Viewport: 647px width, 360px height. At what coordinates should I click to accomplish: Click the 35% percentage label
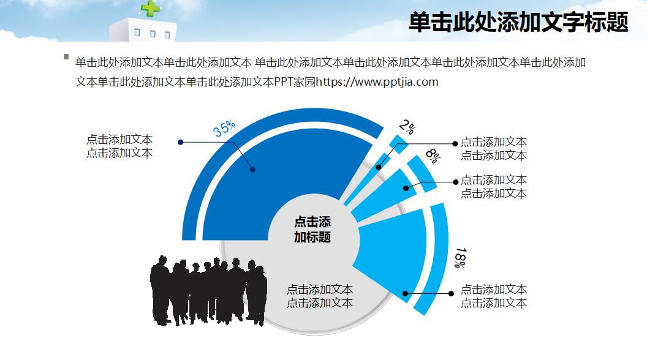pyautogui.click(x=224, y=129)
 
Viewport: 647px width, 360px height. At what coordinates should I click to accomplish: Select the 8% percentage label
pyautogui.click(x=433, y=156)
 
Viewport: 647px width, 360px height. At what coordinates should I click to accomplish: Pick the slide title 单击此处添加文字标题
pyautogui.click(x=518, y=22)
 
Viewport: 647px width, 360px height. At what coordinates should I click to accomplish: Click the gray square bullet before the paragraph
pyautogui.click(x=66, y=57)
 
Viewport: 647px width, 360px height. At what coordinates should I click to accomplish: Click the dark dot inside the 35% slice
pyautogui.click(x=252, y=170)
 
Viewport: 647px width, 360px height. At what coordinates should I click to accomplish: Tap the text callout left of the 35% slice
pyautogui.click(x=119, y=147)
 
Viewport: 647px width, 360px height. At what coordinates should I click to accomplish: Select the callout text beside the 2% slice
pyautogui.click(x=493, y=149)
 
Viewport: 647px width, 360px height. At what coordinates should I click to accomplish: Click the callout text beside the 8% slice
pyautogui.click(x=493, y=187)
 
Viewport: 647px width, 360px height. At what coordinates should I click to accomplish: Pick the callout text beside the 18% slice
pyautogui.click(x=493, y=296)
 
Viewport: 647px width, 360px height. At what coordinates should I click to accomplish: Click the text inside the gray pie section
pyautogui.click(x=320, y=296)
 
